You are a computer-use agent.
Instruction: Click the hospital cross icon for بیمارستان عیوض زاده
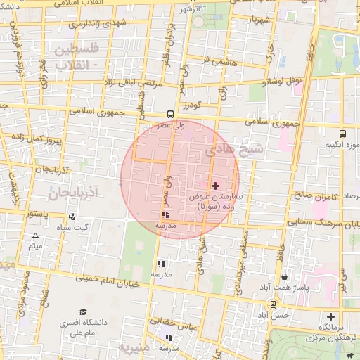click(x=215, y=186)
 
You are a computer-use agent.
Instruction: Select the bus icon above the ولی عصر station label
click(x=171, y=113)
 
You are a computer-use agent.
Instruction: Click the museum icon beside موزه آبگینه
click(x=342, y=133)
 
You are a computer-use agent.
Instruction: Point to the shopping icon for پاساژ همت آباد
click(x=284, y=278)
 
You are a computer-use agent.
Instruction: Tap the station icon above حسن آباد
click(x=272, y=304)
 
